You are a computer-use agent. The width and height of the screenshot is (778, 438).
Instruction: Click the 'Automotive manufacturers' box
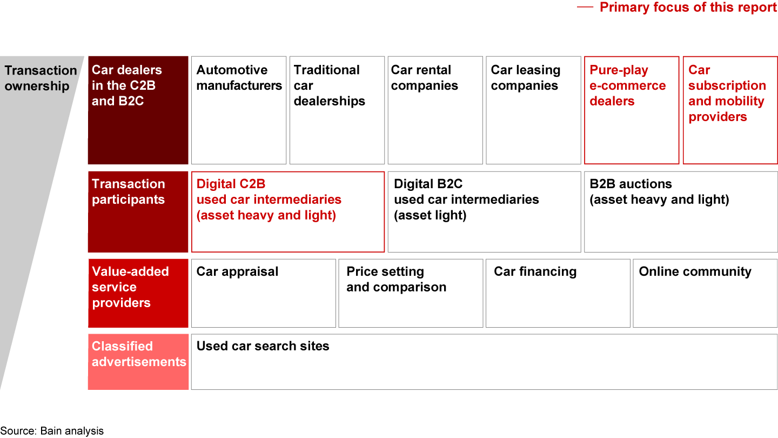pos(239,110)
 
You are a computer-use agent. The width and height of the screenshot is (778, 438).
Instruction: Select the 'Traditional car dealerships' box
pos(337,110)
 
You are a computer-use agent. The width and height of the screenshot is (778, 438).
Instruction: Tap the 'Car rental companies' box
pos(435,110)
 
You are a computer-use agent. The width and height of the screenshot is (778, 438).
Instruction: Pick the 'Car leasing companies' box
pos(533,110)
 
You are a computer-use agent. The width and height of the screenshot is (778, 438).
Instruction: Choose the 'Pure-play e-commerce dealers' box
pos(632,110)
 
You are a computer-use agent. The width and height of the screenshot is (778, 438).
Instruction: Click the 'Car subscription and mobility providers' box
pos(730,110)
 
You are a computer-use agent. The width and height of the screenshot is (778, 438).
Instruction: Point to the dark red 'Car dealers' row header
pos(138,110)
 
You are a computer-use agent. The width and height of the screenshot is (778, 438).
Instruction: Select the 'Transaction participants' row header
pos(138,212)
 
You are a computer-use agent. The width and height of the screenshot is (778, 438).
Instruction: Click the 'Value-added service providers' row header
pos(138,294)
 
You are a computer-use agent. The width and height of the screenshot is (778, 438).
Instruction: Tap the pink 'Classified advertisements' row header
pos(138,362)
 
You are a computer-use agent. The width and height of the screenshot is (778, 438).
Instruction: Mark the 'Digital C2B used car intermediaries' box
pos(288,212)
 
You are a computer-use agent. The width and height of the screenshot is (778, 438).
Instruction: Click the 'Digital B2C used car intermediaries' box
pos(484,212)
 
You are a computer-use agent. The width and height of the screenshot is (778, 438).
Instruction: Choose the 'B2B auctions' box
pos(681,212)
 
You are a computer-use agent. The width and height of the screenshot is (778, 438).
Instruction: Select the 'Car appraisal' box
pos(263,294)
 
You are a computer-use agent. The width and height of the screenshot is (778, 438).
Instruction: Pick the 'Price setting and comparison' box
pos(411,294)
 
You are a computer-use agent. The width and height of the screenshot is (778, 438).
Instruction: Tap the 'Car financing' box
pos(558,294)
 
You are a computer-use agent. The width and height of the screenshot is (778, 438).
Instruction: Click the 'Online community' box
pos(705,294)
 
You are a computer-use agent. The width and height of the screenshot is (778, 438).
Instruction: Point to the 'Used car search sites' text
pos(263,346)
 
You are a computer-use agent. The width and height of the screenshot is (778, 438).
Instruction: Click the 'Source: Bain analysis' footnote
pos(52,431)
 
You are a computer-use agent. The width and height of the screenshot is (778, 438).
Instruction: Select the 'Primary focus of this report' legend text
pos(688,8)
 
